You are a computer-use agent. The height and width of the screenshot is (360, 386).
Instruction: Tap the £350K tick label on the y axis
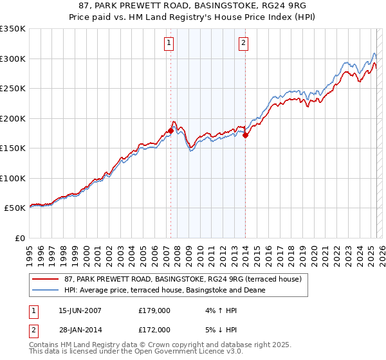click(x=13, y=29)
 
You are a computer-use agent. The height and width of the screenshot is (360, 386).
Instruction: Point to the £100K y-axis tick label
click(x=13, y=178)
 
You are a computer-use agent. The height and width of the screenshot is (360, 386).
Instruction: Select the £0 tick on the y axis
click(x=21, y=238)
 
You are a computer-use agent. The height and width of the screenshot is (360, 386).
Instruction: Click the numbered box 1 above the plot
click(x=169, y=44)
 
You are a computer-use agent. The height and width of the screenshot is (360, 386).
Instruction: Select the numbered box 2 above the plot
click(x=244, y=44)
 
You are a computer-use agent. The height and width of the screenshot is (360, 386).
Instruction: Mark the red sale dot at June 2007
click(x=170, y=130)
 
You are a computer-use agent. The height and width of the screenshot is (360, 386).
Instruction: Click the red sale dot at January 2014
click(x=245, y=135)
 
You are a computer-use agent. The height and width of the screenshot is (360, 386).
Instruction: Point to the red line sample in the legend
click(x=46, y=278)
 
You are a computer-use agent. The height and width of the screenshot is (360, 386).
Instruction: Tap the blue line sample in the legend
click(x=46, y=290)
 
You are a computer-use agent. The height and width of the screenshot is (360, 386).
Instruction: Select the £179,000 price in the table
click(x=154, y=310)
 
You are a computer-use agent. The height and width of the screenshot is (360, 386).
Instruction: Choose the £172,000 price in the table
click(x=154, y=329)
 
